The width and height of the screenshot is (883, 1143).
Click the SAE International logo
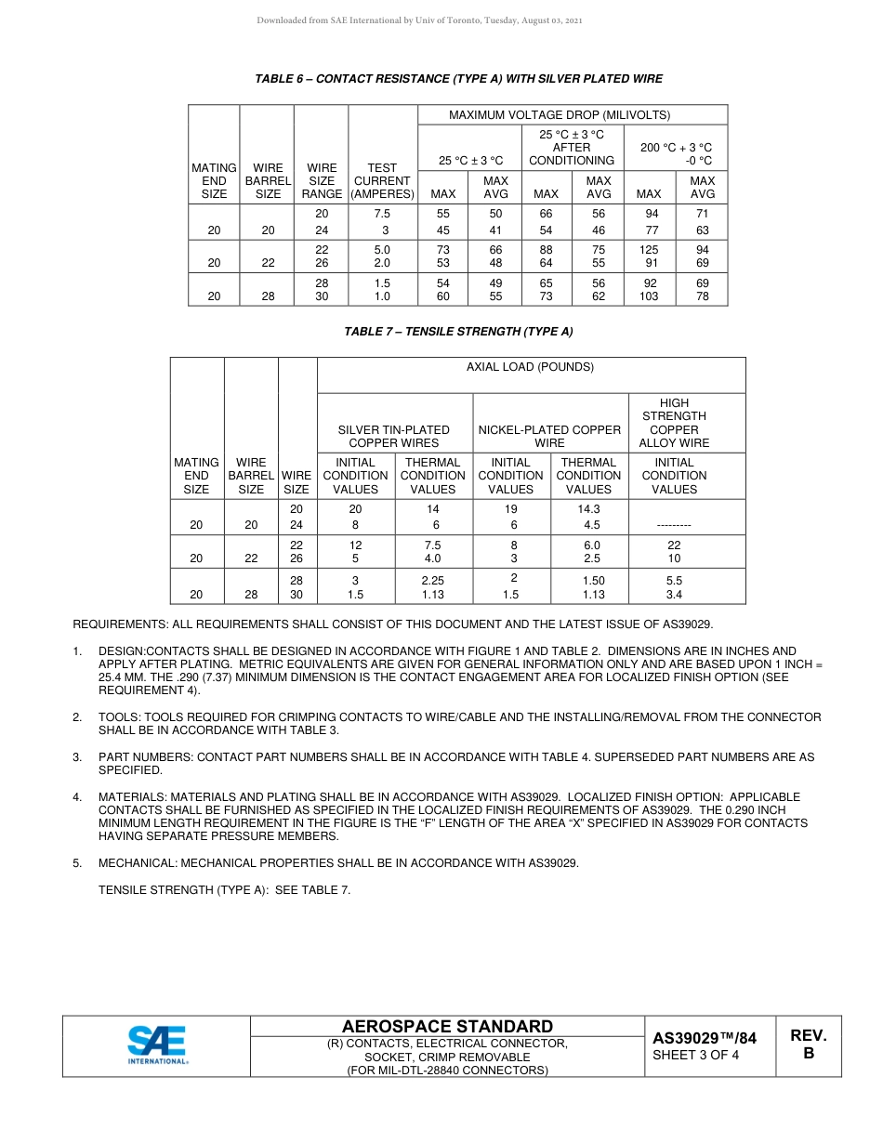point(157,1044)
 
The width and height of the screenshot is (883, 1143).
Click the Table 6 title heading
point(458,79)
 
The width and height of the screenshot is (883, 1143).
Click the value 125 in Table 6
point(649,250)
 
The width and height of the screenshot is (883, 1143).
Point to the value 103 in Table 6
point(649,296)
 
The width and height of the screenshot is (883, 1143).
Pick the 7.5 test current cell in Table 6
point(382,213)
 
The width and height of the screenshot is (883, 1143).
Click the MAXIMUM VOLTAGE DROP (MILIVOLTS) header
point(572,115)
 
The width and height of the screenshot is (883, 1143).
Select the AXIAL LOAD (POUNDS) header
point(530,367)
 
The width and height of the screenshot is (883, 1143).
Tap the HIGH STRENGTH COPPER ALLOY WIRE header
point(674,423)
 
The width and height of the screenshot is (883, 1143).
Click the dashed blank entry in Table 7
point(674,525)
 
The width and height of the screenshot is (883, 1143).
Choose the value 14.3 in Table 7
point(588,509)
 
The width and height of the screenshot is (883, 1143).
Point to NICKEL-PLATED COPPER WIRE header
point(549,436)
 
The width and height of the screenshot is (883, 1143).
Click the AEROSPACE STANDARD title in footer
point(447,1026)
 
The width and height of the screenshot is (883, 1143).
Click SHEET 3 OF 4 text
point(695,1055)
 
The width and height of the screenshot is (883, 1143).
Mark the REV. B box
point(808,1044)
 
